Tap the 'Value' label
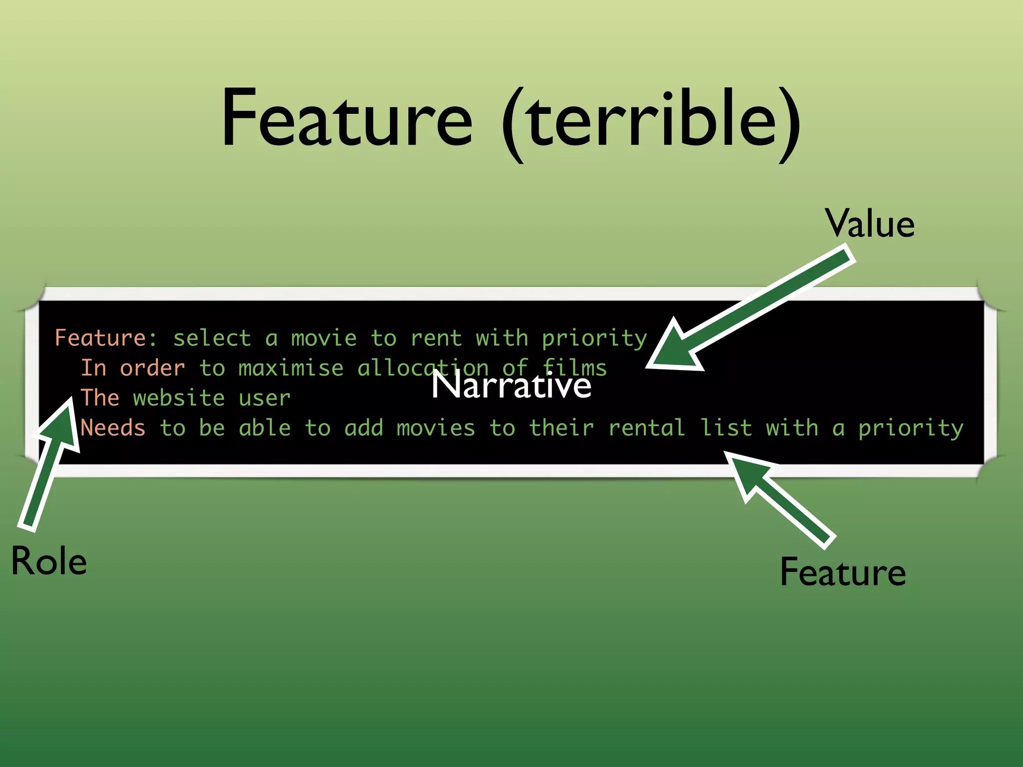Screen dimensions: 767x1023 click(870, 223)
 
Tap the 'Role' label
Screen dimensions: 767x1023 click(49, 561)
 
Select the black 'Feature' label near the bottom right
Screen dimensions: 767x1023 click(843, 572)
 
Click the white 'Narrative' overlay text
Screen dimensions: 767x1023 click(511, 385)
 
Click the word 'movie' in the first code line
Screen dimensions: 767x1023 click(324, 338)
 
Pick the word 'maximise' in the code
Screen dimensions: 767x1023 click(291, 368)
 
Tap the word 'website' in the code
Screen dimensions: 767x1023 click(179, 398)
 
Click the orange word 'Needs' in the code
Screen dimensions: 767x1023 click(113, 428)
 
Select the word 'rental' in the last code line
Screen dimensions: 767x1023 click(646, 428)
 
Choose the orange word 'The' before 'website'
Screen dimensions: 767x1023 click(100, 398)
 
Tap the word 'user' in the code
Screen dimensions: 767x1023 click(264, 398)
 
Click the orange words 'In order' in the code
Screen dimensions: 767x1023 click(133, 368)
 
